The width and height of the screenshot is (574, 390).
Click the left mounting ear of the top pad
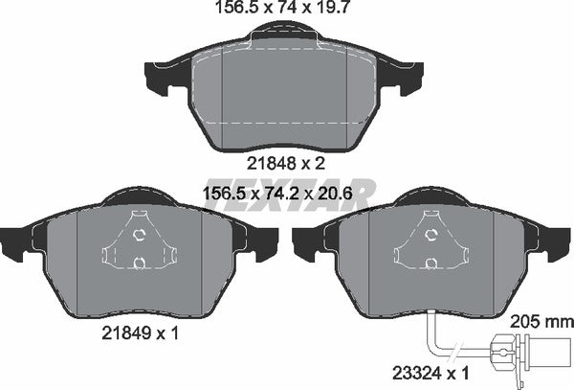tap(160, 73)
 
